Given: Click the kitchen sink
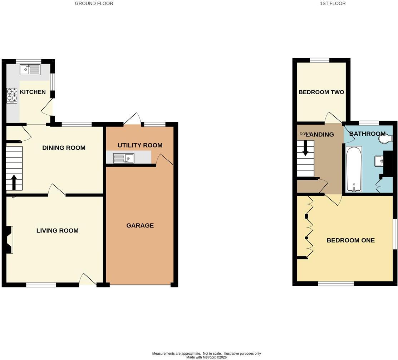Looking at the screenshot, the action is tap(30, 70).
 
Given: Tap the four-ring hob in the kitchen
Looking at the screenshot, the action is tap(12, 95).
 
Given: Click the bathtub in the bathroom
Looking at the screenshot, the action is tap(354, 169).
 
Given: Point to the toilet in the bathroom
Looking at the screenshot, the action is tap(385, 139).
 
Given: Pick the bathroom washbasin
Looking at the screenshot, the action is tap(379, 161).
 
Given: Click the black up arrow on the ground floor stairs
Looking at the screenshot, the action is tap(14, 182).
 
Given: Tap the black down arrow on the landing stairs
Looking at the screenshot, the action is tap(305, 148).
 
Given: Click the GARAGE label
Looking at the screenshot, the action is tap(140, 225).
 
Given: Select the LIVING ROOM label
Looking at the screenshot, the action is tap(57, 230).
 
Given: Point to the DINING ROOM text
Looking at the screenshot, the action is tap(64, 147).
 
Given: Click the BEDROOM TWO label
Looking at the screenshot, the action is tap(321, 92).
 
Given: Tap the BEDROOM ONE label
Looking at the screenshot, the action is tap(350, 240).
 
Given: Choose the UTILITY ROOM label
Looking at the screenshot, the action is tap(140, 145).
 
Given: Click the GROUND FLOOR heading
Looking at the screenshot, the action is tap(94, 4).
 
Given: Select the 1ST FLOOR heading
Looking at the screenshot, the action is tap(333, 4).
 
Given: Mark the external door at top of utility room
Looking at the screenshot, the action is tap(133, 119).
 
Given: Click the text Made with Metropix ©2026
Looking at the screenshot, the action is tap(206, 357).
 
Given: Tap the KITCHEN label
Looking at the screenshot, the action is tap(33, 92).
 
